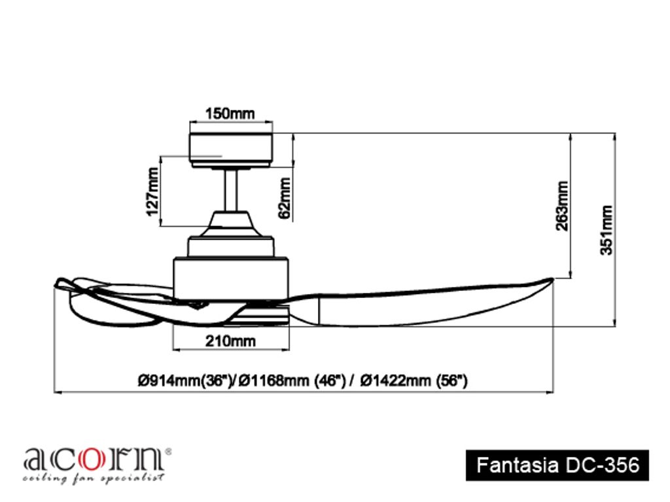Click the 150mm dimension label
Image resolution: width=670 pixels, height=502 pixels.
pyautogui.click(x=230, y=113)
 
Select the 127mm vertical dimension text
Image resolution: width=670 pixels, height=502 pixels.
pyautogui.click(x=152, y=191)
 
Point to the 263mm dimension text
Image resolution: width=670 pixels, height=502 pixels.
pyautogui.click(x=561, y=205)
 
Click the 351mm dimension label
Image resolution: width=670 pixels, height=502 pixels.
pyautogui.click(x=607, y=229)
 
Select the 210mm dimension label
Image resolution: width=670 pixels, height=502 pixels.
pyautogui.click(x=230, y=341)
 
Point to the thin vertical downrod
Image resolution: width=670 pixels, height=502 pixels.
pyautogui.click(x=230, y=190)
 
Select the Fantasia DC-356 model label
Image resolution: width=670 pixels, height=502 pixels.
pyautogui.click(x=557, y=465)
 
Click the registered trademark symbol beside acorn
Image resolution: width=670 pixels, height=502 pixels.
pyautogui.click(x=168, y=451)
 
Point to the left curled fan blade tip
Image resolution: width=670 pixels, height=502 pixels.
pyautogui.click(x=62, y=284)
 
